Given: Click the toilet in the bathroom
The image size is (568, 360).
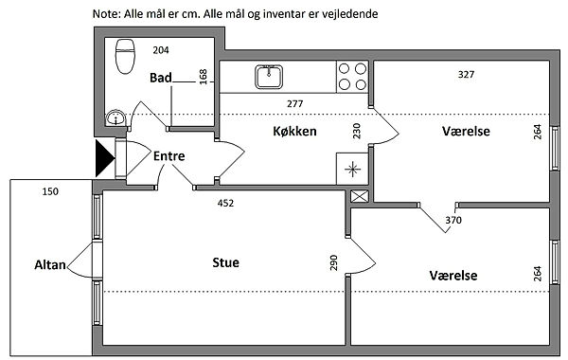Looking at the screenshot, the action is pyautogui.click(x=125, y=57).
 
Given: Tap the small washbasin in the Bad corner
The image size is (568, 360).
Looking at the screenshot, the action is pyautogui.click(x=115, y=117).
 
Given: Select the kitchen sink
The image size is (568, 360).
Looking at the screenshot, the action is pyautogui.click(x=269, y=77).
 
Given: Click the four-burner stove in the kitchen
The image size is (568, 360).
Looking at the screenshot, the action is pyautogui.click(x=352, y=77).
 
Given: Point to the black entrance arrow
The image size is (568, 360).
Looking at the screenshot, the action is pyautogui.click(x=105, y=158).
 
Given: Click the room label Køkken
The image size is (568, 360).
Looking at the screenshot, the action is pyautogui.click(x=294, y=131).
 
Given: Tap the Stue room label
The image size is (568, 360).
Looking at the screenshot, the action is pyautogui.click(x=225, y=262).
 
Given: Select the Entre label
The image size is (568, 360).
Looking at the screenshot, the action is pyautogui.click(x=169, y=156).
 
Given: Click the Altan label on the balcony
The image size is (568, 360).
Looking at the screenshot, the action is pyautogui.click(x=50, y=265).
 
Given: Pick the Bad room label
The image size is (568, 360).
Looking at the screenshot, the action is pyautogui.click(x=161, y=78).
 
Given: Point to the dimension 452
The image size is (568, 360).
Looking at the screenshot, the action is pyautogui.click(x=225, y=203).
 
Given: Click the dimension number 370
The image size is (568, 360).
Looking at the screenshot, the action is pyautogui.click(x=453, y=220).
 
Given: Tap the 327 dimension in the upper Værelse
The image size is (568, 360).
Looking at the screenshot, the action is pyautogui.click(x=466, y=74).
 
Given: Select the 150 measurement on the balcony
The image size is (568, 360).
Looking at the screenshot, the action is pyautogui.click(x=50, y=191).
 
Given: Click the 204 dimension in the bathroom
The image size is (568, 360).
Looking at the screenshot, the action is pyautogui.click(x=161, y=50).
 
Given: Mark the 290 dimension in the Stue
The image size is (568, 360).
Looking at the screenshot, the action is pyautogui.click(x=333, y=262).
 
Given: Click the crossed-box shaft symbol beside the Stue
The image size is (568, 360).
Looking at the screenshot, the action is pyautogui.click(x=360, y=196).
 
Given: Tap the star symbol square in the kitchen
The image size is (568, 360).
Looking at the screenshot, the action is pyautogui.click(x=352, y=169).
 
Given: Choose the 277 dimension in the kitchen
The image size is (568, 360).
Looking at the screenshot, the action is pyautogui.click(x=294, y=103).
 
